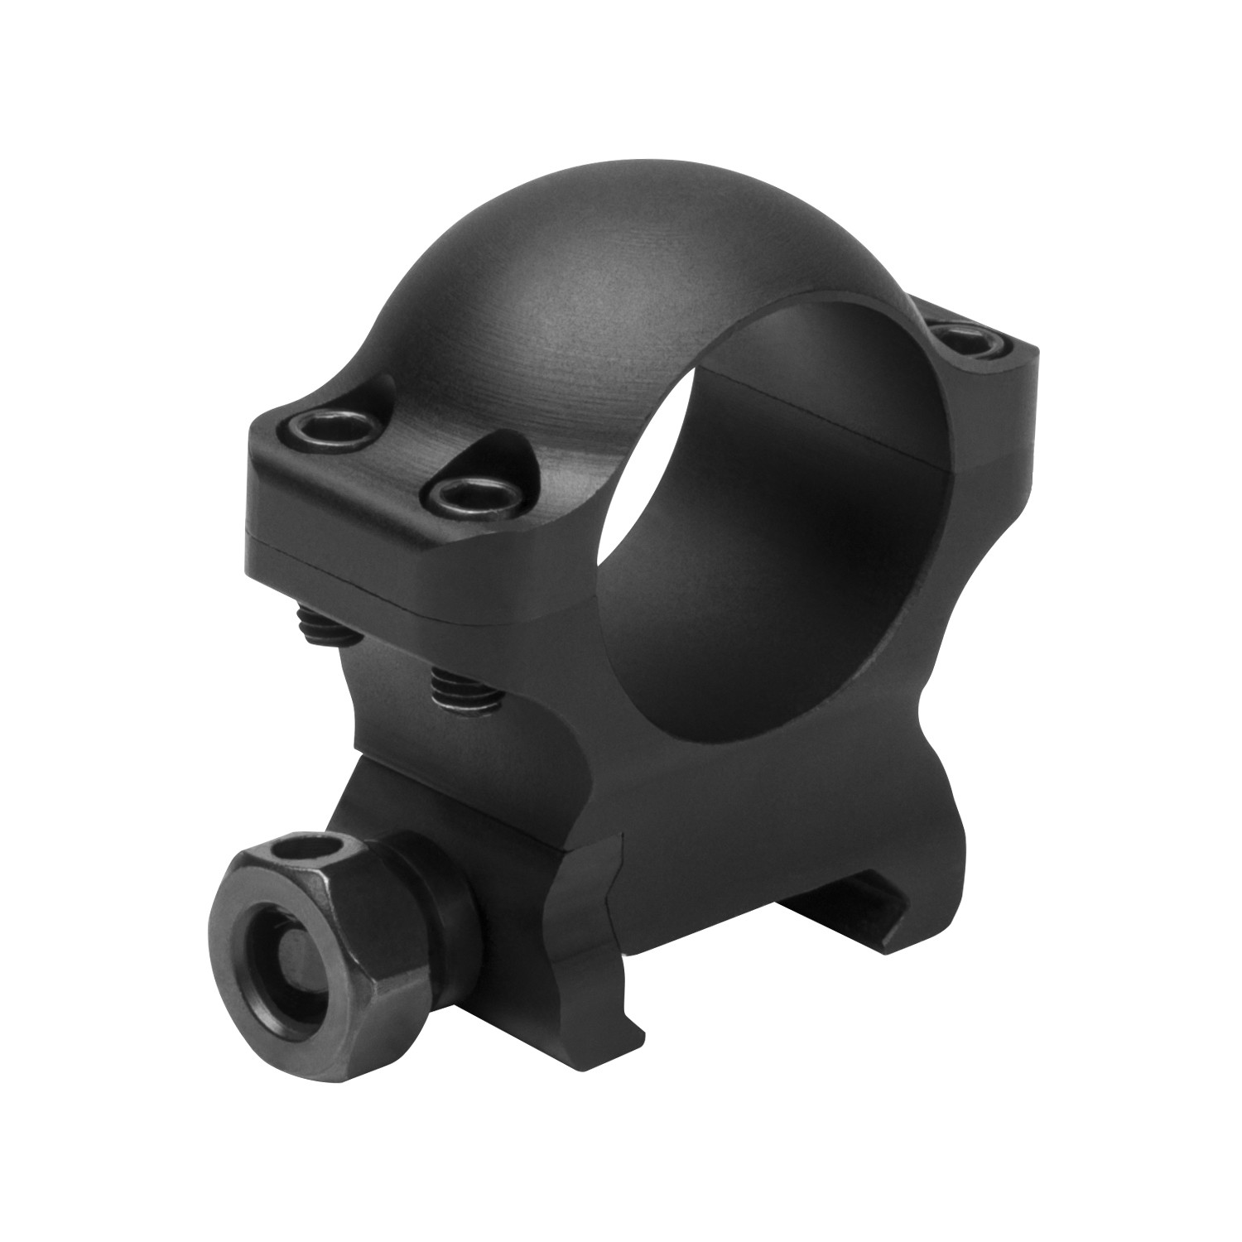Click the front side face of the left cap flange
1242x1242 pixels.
414,563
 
